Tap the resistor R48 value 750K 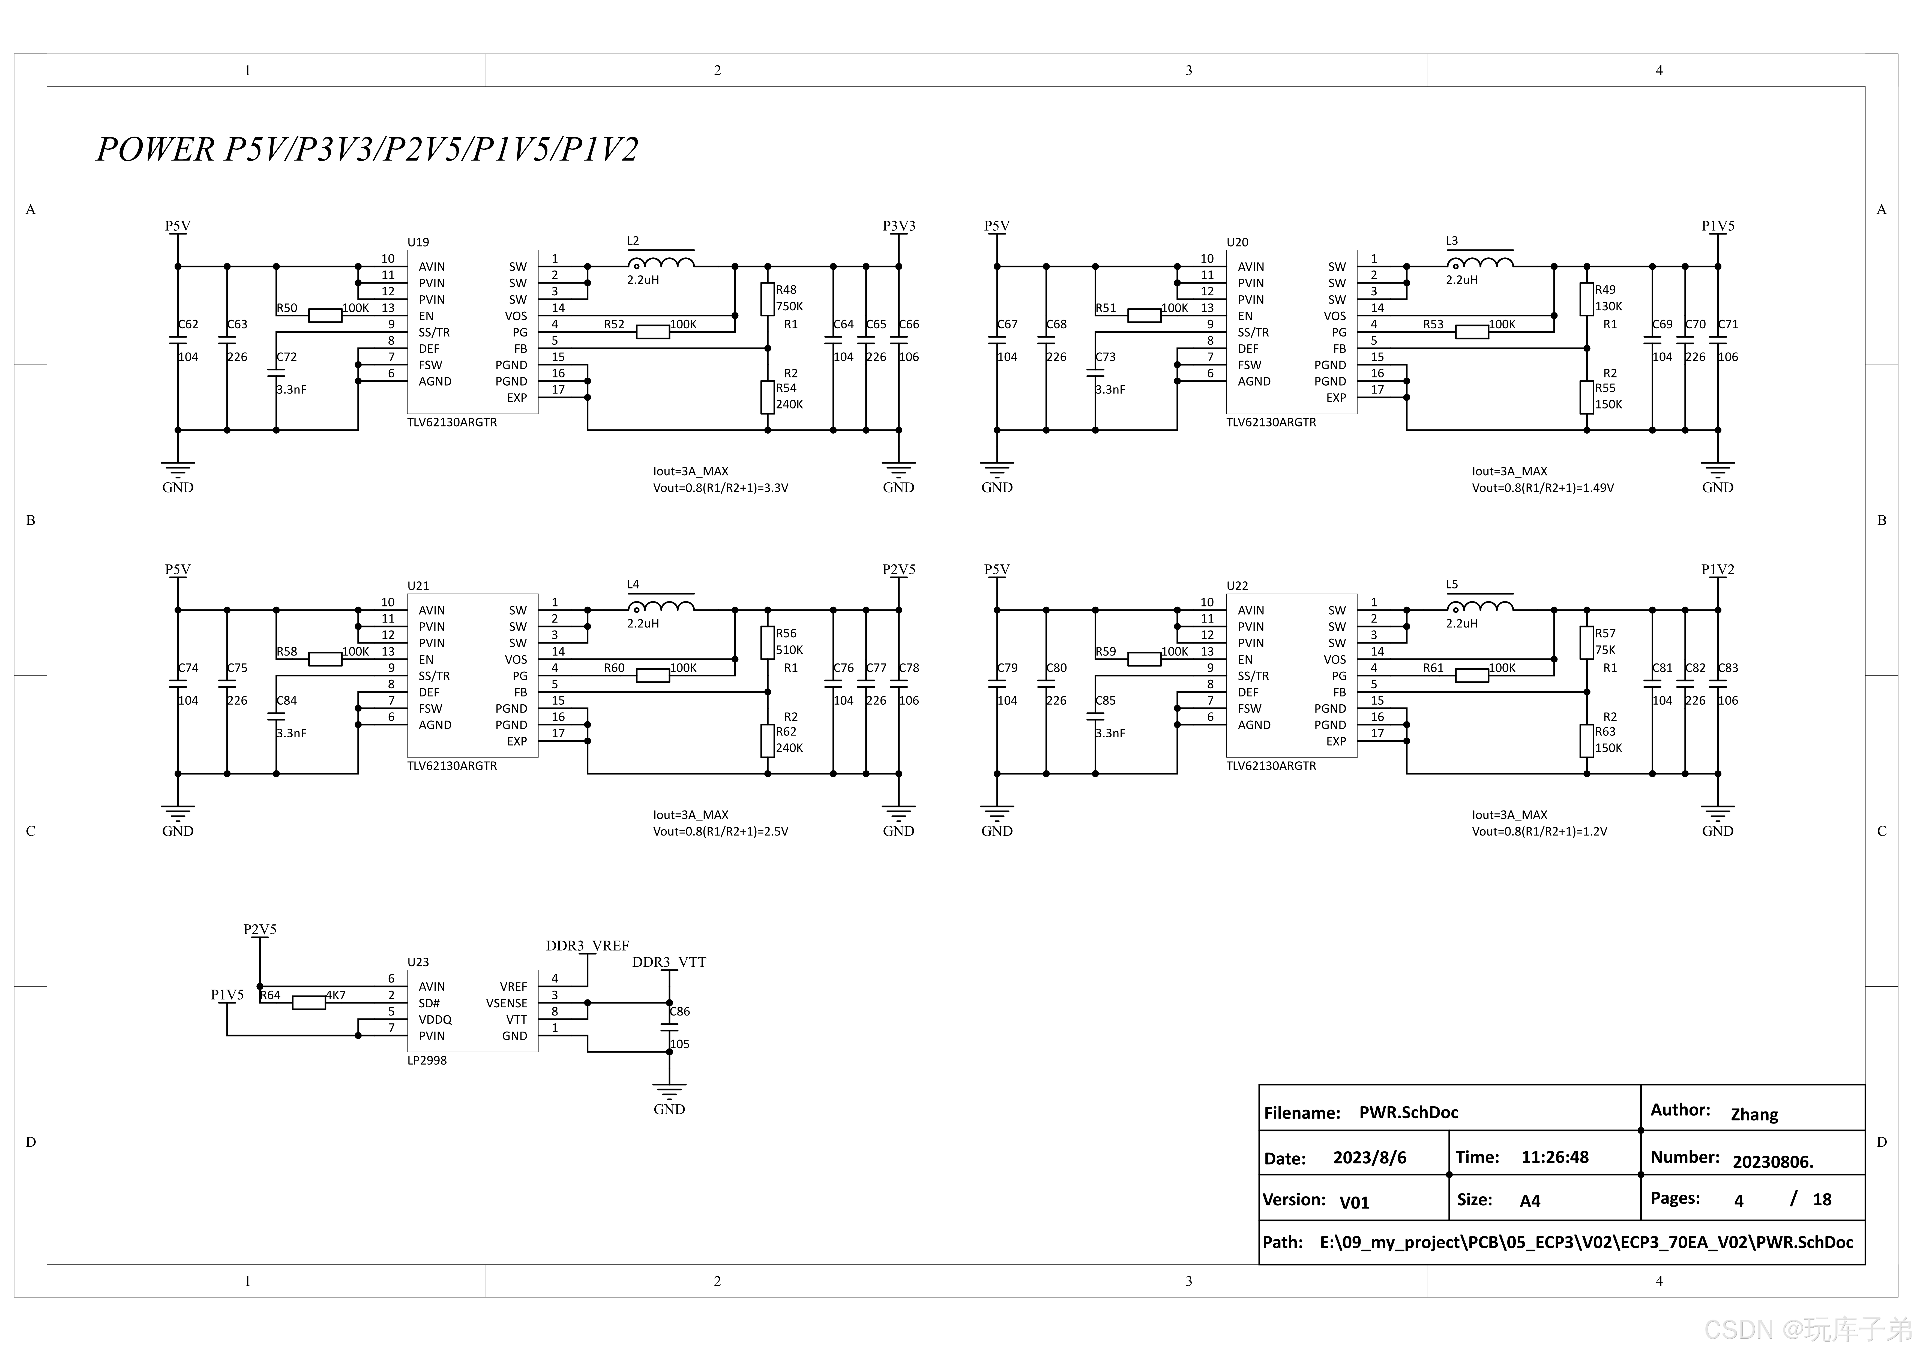pos(789,307)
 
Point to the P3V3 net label pos(899,226)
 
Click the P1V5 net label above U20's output pos(1717,226)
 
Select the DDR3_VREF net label pos(587,946)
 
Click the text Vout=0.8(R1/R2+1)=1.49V pos(1542,488)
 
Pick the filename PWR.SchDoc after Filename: pos(1408,1113)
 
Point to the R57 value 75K pos(1605,650)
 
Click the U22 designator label pos(1237,586)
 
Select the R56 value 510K pos(789,650)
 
